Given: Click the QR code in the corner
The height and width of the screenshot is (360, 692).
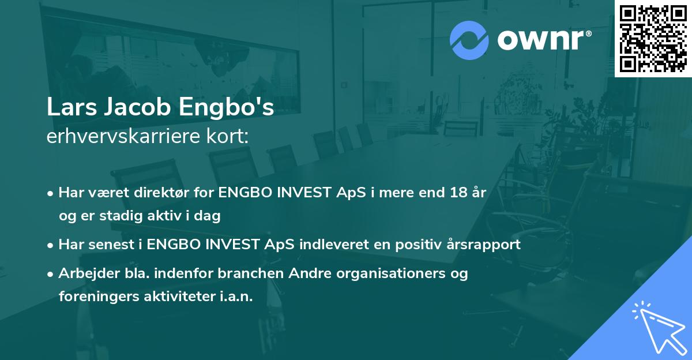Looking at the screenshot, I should (x=653, y=38).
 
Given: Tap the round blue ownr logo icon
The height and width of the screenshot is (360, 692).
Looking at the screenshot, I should (x=469, y=40).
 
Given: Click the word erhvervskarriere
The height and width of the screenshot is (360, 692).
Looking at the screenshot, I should (x=118, y=137).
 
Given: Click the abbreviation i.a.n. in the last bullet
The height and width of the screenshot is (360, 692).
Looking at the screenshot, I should (x=234, y=297).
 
